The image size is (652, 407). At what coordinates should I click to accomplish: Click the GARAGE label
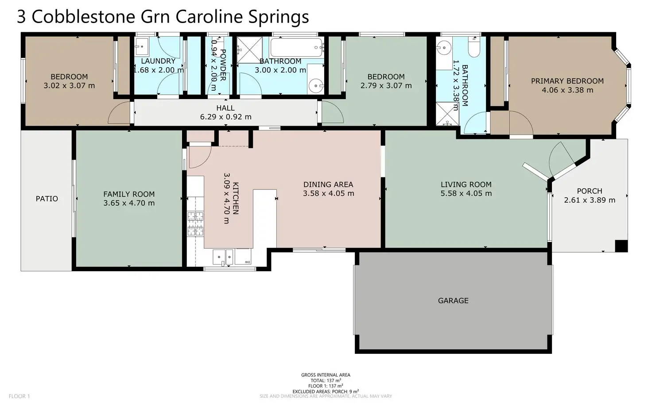pyautogui.click(x=453, y=300)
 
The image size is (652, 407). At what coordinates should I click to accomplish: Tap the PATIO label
pyautogui.click(x=47, y=199)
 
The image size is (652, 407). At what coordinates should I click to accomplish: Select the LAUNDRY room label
pyautogui.click(x=158, y=61)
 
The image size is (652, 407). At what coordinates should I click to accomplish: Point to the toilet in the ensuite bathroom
pyautogui.click(x=474, y=48)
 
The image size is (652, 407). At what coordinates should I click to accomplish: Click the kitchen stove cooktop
pyautogui.click(x=195, y=223)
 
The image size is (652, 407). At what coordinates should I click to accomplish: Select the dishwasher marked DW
pyautogui.click(x=243, y=257)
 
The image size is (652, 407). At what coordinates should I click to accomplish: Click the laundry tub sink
pyautogui.click(x=141, y=46)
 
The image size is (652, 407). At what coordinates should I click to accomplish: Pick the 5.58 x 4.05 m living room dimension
pyautogui.click(x=466, y=193)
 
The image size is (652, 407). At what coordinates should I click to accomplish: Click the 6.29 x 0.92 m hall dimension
pyautogui.click(x=225, y=117)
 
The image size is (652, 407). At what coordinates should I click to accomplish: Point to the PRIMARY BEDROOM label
pyautogui.click(x=567, y=81)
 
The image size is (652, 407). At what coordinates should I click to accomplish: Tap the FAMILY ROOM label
pyautogui.click(x=129, y=194)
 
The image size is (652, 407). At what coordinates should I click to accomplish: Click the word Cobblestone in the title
pyautogui.click(x=83, y=16)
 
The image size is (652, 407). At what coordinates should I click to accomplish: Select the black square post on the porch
pyautogui.click(x=621, y=246)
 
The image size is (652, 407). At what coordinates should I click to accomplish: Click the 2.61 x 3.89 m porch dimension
pyautogui.click(x=590, y=200)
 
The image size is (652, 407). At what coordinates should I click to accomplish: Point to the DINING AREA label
pyautogui.click(x=328, y=184)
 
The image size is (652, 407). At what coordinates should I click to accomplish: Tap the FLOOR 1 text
pyautogui.click(x=19, y=396)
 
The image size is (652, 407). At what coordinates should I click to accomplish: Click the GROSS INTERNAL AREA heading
pyautogui.click(x=326, y=375)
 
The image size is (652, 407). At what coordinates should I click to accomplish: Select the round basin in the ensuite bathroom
pyautogui.click(x=443, y=48)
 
